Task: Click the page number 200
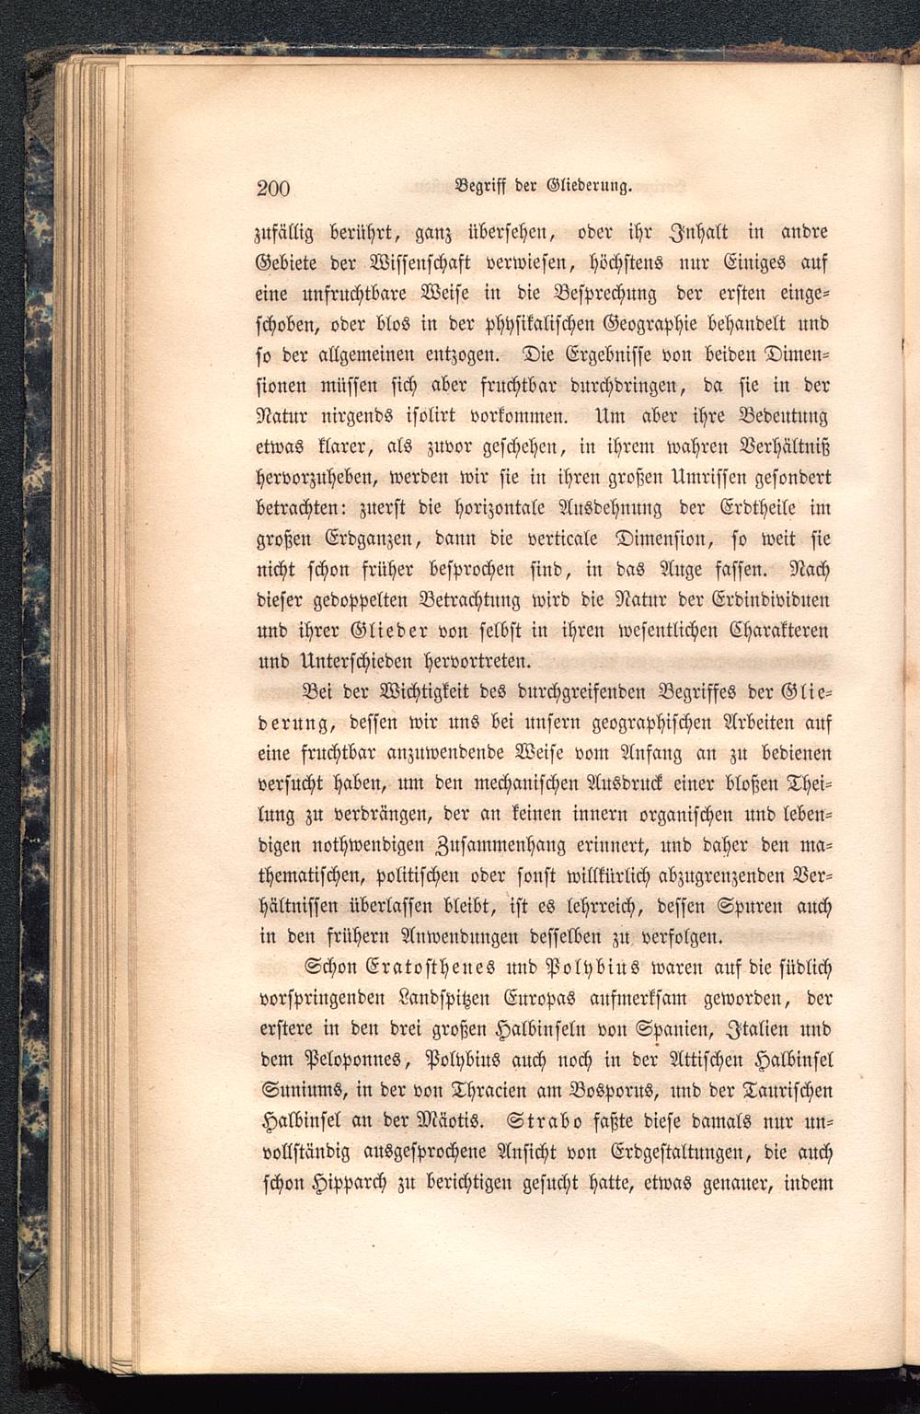tap(272, 189)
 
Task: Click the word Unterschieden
tap(337, 660)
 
